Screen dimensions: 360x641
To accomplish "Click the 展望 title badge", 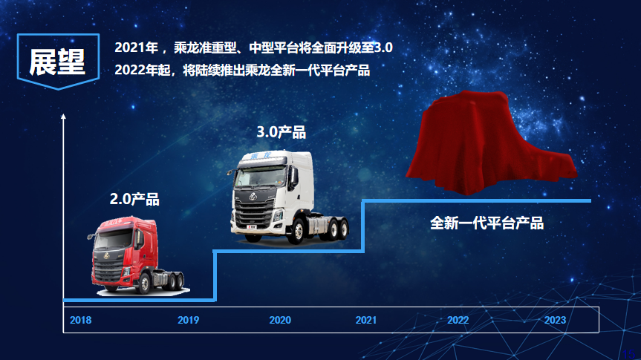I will coord(57,62).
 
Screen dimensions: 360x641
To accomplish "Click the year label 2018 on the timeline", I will coord(80,321).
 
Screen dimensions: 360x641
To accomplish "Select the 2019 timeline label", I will coord(188,321).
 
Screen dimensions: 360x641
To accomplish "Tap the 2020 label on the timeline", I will coord(280,321).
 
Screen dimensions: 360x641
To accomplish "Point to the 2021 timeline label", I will coord(365,321).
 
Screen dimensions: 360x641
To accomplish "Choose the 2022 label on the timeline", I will coord(458,321).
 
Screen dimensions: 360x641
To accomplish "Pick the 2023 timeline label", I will coord(555,321).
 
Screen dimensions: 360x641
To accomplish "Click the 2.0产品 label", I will coord(134,199).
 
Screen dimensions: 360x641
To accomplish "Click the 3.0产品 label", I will coord(282,132).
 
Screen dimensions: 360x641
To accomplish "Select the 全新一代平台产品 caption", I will coord(487,223).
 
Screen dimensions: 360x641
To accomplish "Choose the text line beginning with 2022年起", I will coord(242,71).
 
